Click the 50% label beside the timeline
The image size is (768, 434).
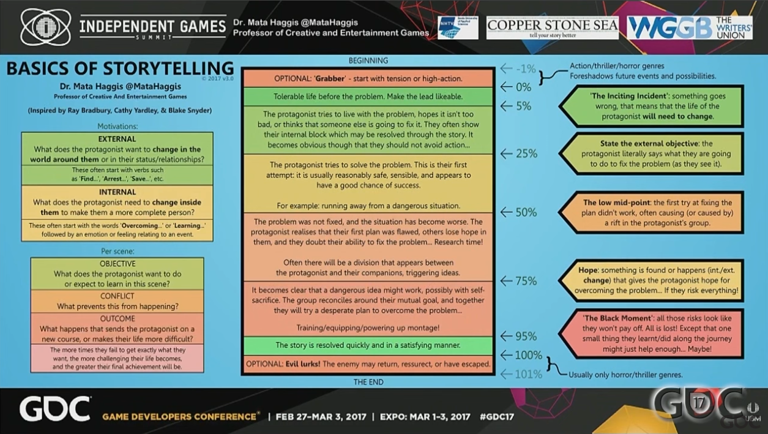(526, 212)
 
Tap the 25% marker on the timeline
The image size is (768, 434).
(526, 154)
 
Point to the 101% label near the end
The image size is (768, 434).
(528, 374)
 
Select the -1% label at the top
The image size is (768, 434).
(526, 69)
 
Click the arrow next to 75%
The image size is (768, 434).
(506, 281)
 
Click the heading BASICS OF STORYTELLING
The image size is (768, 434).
(120, 69)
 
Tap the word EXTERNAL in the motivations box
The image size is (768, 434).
(117, 139)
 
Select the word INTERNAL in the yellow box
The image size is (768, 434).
(117, 192)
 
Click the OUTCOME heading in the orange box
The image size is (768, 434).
(117, 319)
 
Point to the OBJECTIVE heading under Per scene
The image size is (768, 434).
(117, 264)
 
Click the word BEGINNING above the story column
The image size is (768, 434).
(368, 61)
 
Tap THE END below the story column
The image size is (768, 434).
(368, 382)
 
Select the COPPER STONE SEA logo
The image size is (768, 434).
(552, 28)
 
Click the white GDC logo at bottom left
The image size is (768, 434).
(55, 409)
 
